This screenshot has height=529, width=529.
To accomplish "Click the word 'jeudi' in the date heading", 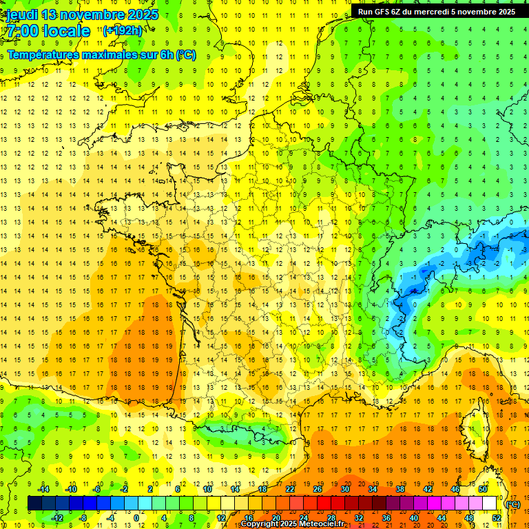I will pos(21,14).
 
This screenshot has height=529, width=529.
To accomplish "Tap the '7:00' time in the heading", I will pos(22,31).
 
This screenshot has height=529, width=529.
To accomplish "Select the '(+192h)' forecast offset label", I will pos(123,31).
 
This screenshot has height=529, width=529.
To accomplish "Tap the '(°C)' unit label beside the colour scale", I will pos(512,504).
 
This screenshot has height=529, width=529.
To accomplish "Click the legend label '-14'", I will pos(43,488).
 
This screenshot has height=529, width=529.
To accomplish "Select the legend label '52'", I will pos(497,518).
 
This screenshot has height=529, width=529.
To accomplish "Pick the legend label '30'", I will pos(345,488).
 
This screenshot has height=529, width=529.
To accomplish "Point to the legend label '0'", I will pos(136,518).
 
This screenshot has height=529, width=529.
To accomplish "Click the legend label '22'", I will pos(290,488).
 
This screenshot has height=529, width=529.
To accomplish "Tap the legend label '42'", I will pos(428,488).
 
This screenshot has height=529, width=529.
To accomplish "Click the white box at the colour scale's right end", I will pos(489,504).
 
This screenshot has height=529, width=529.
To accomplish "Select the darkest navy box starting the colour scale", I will pos(34,504).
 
